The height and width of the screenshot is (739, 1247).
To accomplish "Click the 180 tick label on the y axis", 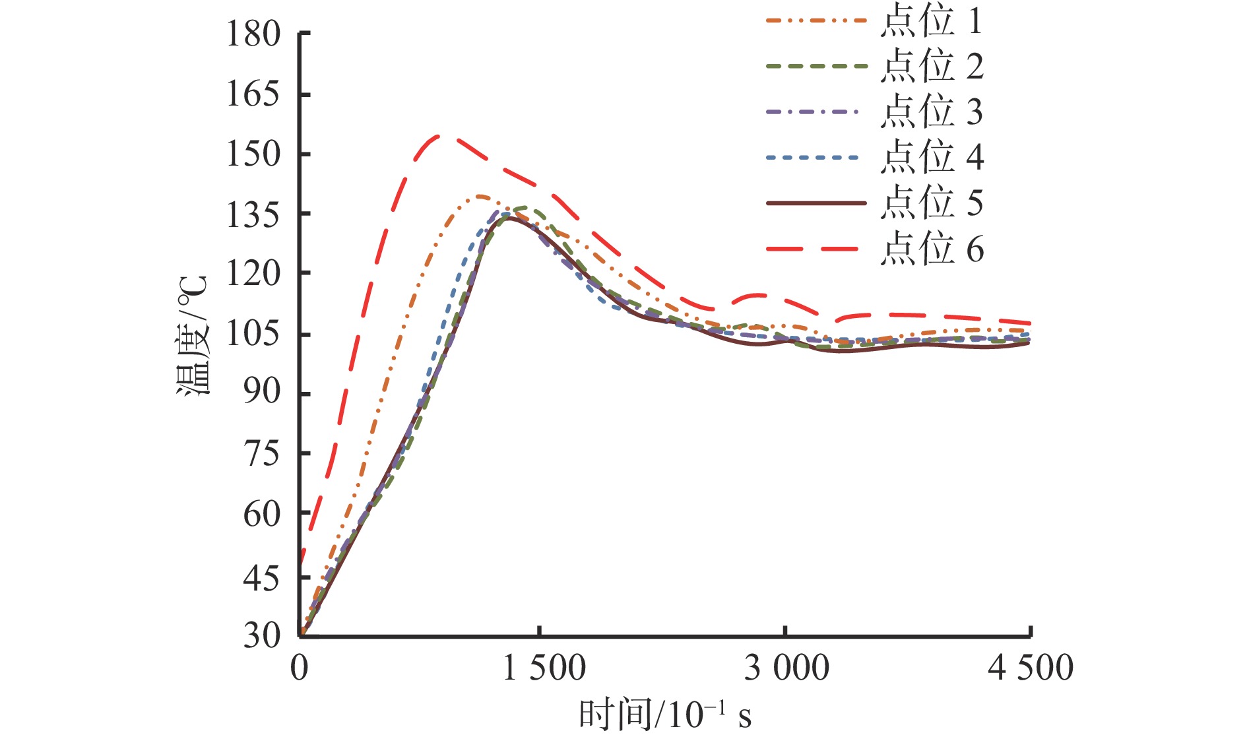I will click(x=253, y=34).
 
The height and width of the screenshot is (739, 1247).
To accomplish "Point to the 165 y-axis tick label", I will click(x=253, y=94).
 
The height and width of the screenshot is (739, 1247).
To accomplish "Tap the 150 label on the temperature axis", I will click(x=253, y=154).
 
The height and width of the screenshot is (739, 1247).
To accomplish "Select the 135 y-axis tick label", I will click(x=253, y=214).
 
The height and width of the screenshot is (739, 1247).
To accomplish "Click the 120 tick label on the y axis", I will click(x=253, y=274).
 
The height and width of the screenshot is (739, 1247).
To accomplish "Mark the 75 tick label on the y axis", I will click(x=261, y=453).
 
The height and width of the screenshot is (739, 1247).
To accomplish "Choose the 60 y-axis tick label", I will click(x=261, y=513).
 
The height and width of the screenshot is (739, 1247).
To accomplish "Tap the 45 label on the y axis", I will click(x=261, y=578).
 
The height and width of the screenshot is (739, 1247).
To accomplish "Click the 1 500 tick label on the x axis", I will click(x=544, y=668).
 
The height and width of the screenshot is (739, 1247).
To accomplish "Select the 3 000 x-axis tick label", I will click(x=786, y=668).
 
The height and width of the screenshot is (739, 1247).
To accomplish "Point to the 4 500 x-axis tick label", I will click(x=1030, y=668).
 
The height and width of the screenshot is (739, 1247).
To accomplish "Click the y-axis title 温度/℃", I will click(x=192, y=335).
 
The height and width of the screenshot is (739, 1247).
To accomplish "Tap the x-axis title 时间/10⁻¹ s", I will click(x=665, y=715).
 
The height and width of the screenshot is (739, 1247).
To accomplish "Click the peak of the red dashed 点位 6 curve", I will click(x=441, y=136).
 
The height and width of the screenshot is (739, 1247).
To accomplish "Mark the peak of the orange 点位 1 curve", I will click(x=480, y=196).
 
